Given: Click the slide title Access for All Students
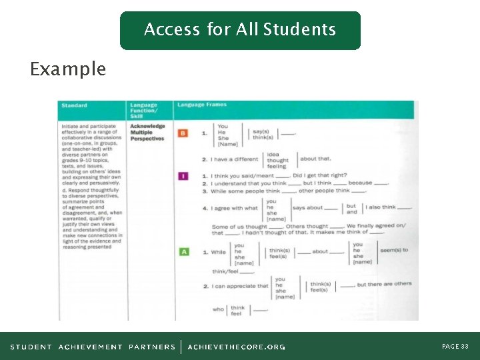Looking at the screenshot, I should tap(240, 30).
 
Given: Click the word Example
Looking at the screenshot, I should tap(68, 69).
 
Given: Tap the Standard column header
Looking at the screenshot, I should tap(74, 105).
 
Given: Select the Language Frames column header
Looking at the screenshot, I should tap(202, 105).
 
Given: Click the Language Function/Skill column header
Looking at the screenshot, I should tap(144, 110).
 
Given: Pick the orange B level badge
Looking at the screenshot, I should tap(183, 133).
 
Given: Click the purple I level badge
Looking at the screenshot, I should tap(183, 176).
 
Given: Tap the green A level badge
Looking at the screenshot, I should tap(184, 252).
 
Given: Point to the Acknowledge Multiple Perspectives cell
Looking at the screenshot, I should tap(147, 132).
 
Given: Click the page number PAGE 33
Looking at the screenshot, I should tap(455, 347).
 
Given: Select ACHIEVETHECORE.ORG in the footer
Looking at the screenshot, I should tap(236, 347).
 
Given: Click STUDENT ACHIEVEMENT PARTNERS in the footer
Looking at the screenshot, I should tap(93, 347).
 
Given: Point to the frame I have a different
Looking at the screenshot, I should tap(234, 159).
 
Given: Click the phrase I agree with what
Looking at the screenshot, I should tap(234, 209).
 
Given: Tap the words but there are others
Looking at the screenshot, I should tap(385, 285).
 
